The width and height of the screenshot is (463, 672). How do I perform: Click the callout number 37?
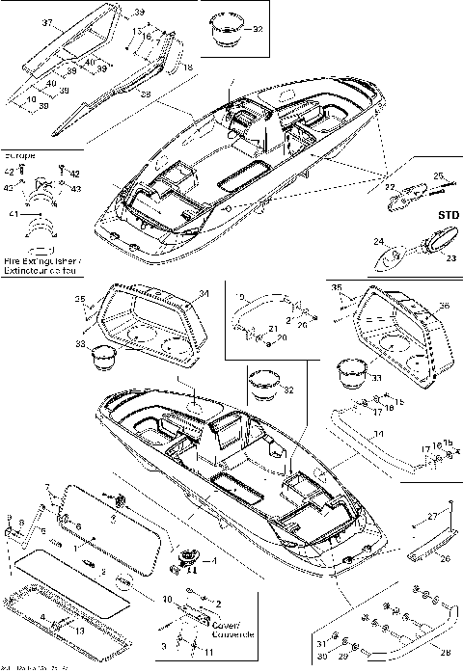[x=20, y=21]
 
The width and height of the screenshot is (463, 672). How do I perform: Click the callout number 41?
[x=11, y=213]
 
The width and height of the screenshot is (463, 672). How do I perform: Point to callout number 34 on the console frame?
[x=203, y=293]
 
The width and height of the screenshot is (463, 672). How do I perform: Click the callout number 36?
[x=443, y=307]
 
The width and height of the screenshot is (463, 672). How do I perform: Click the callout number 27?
[x=447, y=518]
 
